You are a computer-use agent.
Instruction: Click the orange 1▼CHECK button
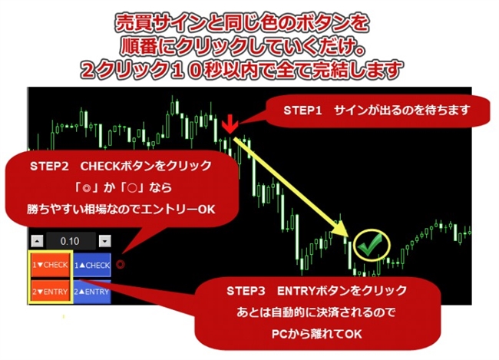coord(51,265)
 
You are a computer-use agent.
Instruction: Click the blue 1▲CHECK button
coord(93,265)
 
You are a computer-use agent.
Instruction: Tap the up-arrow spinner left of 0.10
coord(36,241)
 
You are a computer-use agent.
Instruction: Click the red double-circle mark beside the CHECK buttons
coord(121,266)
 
